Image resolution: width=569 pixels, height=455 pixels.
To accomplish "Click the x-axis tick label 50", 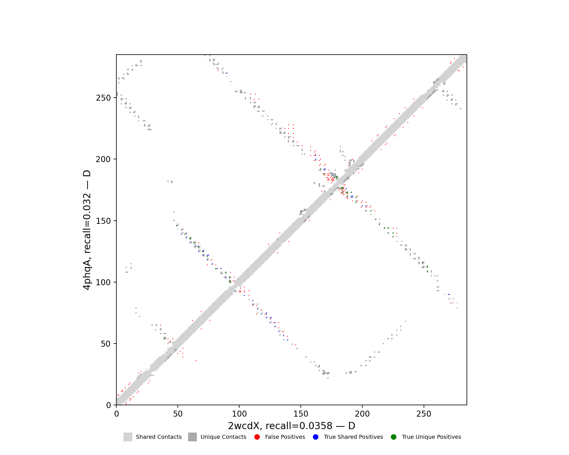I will [178, 414].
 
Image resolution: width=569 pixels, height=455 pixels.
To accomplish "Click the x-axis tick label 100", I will [239, 414].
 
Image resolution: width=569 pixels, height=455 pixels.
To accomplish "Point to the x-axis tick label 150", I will [301, 414].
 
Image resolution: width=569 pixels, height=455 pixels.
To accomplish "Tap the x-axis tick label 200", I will [362, 414].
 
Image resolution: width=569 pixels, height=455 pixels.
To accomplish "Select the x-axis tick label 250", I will [424, 414].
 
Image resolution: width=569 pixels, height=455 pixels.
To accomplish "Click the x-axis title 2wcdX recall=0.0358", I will [292, 426].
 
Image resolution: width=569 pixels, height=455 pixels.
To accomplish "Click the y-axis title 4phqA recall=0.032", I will [87, 230].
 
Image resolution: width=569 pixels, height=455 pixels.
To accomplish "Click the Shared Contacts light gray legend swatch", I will [128, 437].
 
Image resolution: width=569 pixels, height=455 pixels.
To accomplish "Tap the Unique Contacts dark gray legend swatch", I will [192, 437].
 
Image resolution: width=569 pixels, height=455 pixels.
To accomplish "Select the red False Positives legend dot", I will [257, 437].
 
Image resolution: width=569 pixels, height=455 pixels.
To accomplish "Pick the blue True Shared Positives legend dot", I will [316, 437].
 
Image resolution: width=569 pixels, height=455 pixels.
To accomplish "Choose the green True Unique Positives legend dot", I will [393, 437].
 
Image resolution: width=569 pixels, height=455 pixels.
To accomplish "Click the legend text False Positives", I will [285, 437].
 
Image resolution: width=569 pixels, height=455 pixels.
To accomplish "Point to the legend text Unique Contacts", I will [223, 437].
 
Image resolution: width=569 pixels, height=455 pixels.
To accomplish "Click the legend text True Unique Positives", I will [431, 437].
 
